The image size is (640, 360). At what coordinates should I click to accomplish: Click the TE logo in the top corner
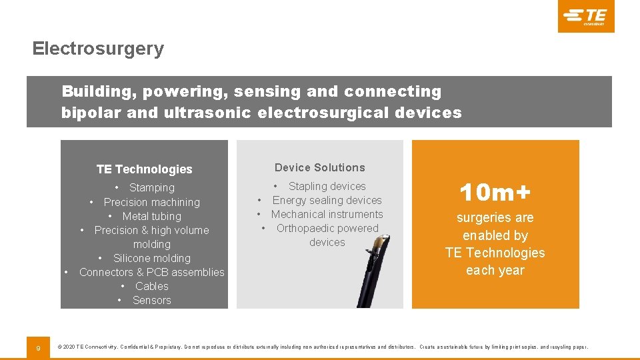pyautogui.click(x=586, y=16)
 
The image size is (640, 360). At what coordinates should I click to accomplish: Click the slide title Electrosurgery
pyautogui.click(x=98, y=49)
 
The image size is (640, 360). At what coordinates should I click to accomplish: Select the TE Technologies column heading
pyautogui.click(x=144, y=169)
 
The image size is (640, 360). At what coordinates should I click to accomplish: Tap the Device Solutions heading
pyautogui.click(x=320, y=167)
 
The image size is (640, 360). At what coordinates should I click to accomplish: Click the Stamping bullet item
pyautogui.click(x=151, y=188)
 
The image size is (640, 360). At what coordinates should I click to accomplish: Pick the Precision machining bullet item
pyautogui.click(x=151, y=202)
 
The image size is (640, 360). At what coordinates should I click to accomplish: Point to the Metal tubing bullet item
pyautogui.click(x=151, y=216)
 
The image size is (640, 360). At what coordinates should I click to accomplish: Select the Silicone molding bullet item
pyautogui.click(x=151, y=258)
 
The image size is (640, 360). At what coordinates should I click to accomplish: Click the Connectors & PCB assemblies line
pyautogui.click(x=151, y=272)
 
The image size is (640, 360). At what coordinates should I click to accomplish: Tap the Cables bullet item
pyautogui.click(x=151, y=286)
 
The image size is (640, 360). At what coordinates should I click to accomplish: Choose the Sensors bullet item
pyautogui.click(x=151, y=300)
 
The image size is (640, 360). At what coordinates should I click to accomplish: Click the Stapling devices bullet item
pyautogui.click(x=327, y=186)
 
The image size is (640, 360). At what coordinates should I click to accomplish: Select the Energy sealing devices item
pyautogui.click(x=327, y=200)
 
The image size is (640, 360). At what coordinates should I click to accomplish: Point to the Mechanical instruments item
pyautogui.click(x=327, y=214)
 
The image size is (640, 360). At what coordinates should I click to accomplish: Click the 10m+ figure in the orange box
pyautogui.click(x=495, y=193)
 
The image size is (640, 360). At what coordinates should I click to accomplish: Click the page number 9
pyautogui.click(x=38, y=347)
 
